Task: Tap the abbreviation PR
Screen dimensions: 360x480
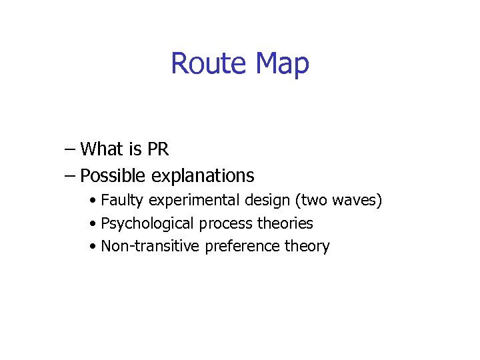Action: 158,149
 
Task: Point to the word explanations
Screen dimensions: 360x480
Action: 203,176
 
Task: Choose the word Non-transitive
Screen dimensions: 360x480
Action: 150,246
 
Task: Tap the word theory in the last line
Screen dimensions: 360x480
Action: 307,247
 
